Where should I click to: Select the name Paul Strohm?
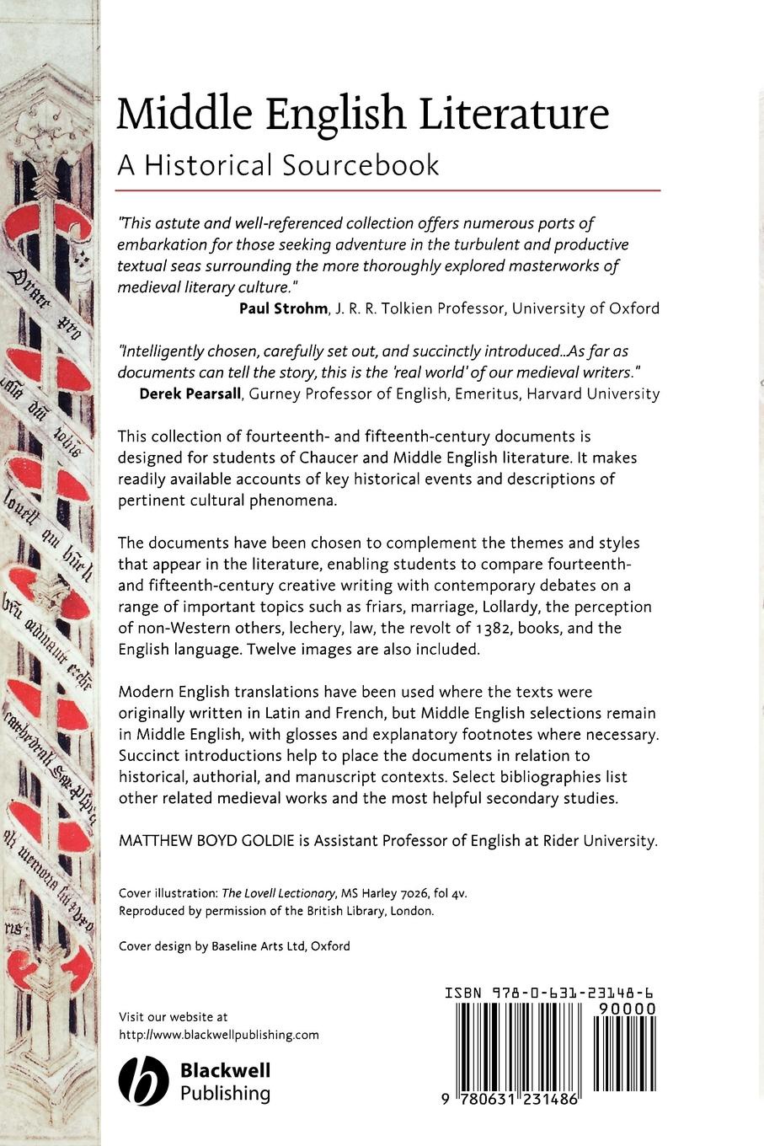click(x=282, y=308)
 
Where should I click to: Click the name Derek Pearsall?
click(x=190, y=394)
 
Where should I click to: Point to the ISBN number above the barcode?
click(x=550, y=993)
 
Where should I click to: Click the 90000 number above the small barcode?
click(x=624, y=1009)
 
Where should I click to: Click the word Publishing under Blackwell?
click(x=225, y=1094)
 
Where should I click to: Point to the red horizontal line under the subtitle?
click(x=388, y=191)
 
